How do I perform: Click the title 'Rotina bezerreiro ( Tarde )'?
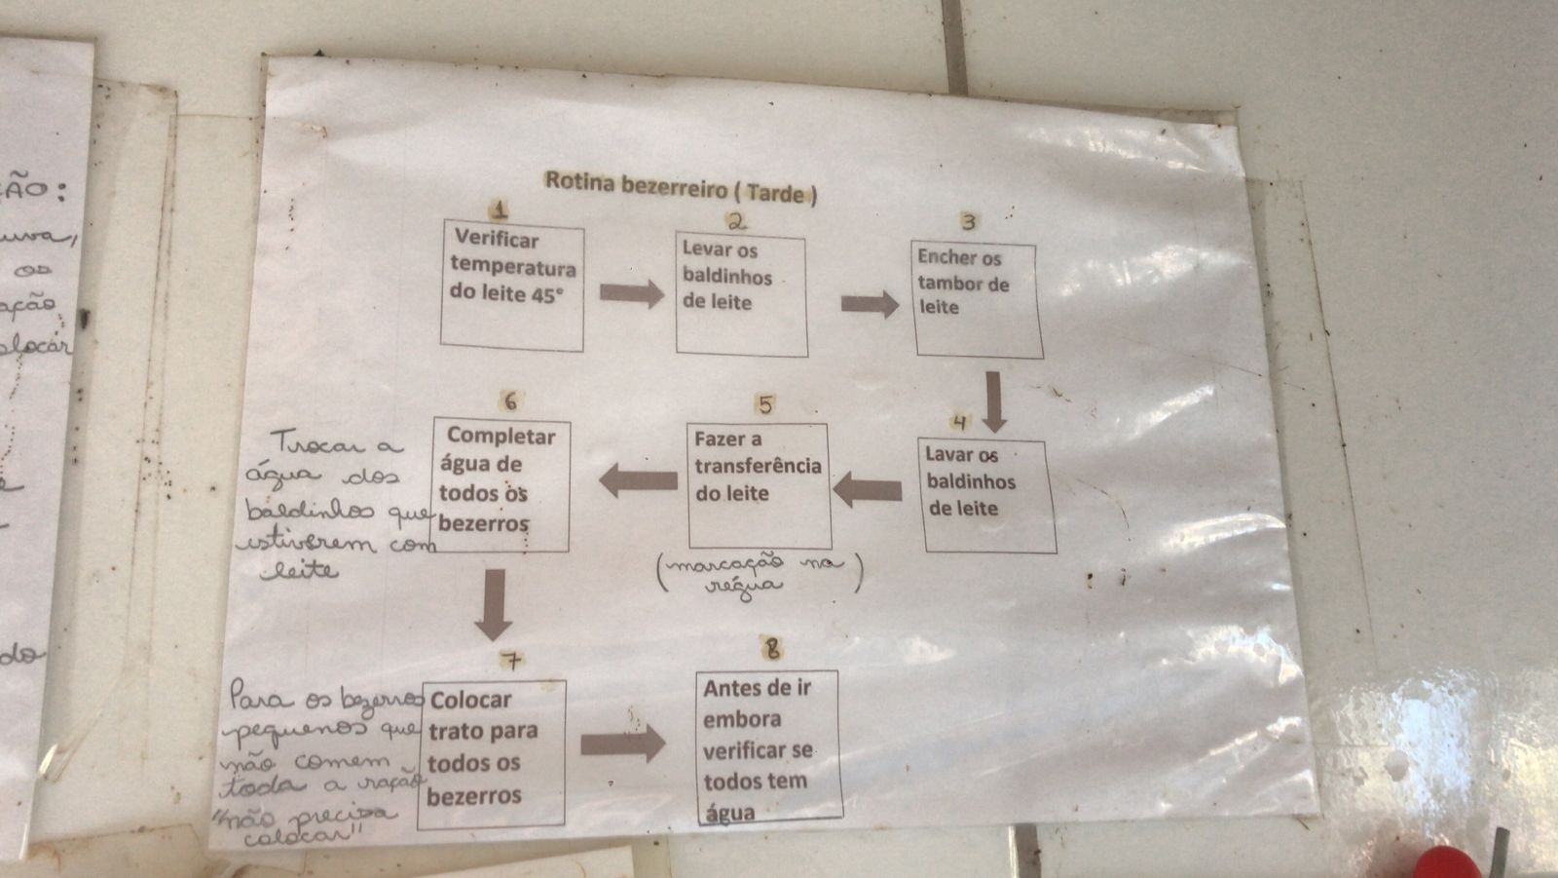tap(680, 185)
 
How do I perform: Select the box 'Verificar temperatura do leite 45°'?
tap(512, 286)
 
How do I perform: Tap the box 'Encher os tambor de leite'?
tap(977, 299)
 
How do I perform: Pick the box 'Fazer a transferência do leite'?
tap(760, 484)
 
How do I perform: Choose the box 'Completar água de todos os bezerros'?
tap(501, 485)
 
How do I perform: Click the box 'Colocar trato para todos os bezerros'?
tap(492, 753)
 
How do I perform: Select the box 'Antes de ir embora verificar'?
tap(768, 745)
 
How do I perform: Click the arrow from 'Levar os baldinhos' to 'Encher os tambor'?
tap(870, 304)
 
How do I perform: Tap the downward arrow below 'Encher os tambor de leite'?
tap(993, 401)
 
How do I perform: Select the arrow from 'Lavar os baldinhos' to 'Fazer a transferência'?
tap(868, 490)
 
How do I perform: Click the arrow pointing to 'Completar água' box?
tap(638, 479)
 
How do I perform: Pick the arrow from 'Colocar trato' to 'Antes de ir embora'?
tap(623, 744)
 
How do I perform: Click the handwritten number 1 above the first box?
tap(500, 210)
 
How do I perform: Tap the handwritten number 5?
tap(765, 404)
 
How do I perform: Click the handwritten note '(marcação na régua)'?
tap(760, 574)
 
